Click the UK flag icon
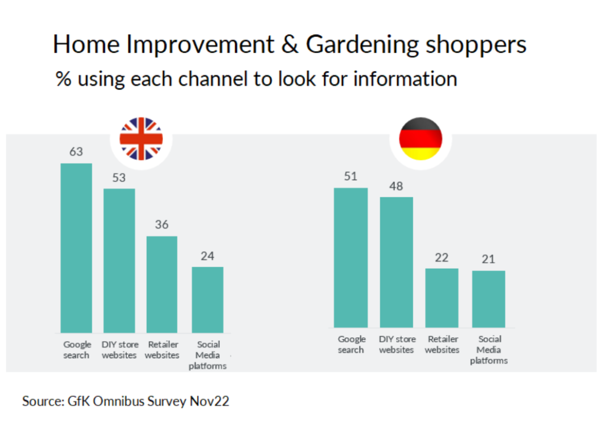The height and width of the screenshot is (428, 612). [141, 138]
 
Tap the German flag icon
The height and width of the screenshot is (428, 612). [420, 138]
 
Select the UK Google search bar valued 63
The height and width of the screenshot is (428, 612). [76, 248]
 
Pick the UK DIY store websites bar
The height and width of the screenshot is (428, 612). [119, 260]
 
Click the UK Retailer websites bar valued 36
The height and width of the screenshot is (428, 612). [162, 284]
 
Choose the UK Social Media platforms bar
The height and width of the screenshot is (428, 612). [207, 299]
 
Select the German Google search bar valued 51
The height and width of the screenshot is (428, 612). [350, 257]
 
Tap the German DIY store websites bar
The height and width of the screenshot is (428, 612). [396, 262]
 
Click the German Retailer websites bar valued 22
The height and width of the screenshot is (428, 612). [441, 298]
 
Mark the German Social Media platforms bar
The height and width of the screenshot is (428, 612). [488, 299]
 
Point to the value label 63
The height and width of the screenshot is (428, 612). [76, 151]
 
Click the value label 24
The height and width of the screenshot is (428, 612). [207, 256]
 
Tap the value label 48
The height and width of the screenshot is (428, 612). [396, 186]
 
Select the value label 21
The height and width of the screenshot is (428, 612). [488, 259]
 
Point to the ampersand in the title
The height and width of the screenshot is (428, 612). [289, 45]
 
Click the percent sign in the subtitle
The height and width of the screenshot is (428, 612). [63, 79]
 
